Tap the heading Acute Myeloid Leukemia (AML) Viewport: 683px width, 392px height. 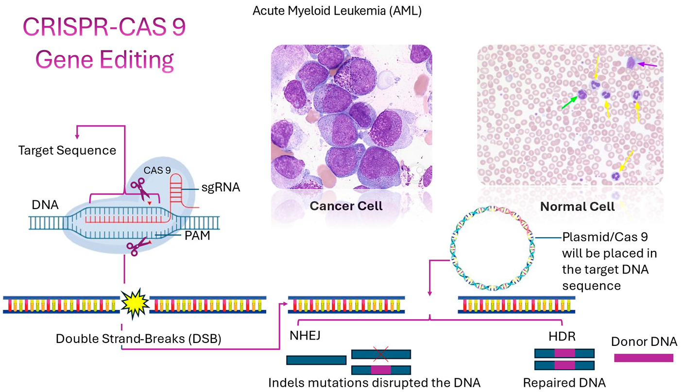[x=337, y=11]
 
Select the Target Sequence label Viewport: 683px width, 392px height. [x=67, y=150]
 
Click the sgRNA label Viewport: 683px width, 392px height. [x=221, y=187]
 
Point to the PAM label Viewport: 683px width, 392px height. [x=197, y=237]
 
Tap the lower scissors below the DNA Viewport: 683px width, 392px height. [x=139, y=246]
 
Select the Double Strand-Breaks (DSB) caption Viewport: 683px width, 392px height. [x=138, y=338]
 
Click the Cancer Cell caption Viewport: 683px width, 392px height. [x=346, y=206]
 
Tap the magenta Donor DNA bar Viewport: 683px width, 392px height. [x=644, y=358]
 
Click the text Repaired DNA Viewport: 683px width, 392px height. [x=564, y=382]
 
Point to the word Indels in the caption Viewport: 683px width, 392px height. [x=286, y=382]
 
